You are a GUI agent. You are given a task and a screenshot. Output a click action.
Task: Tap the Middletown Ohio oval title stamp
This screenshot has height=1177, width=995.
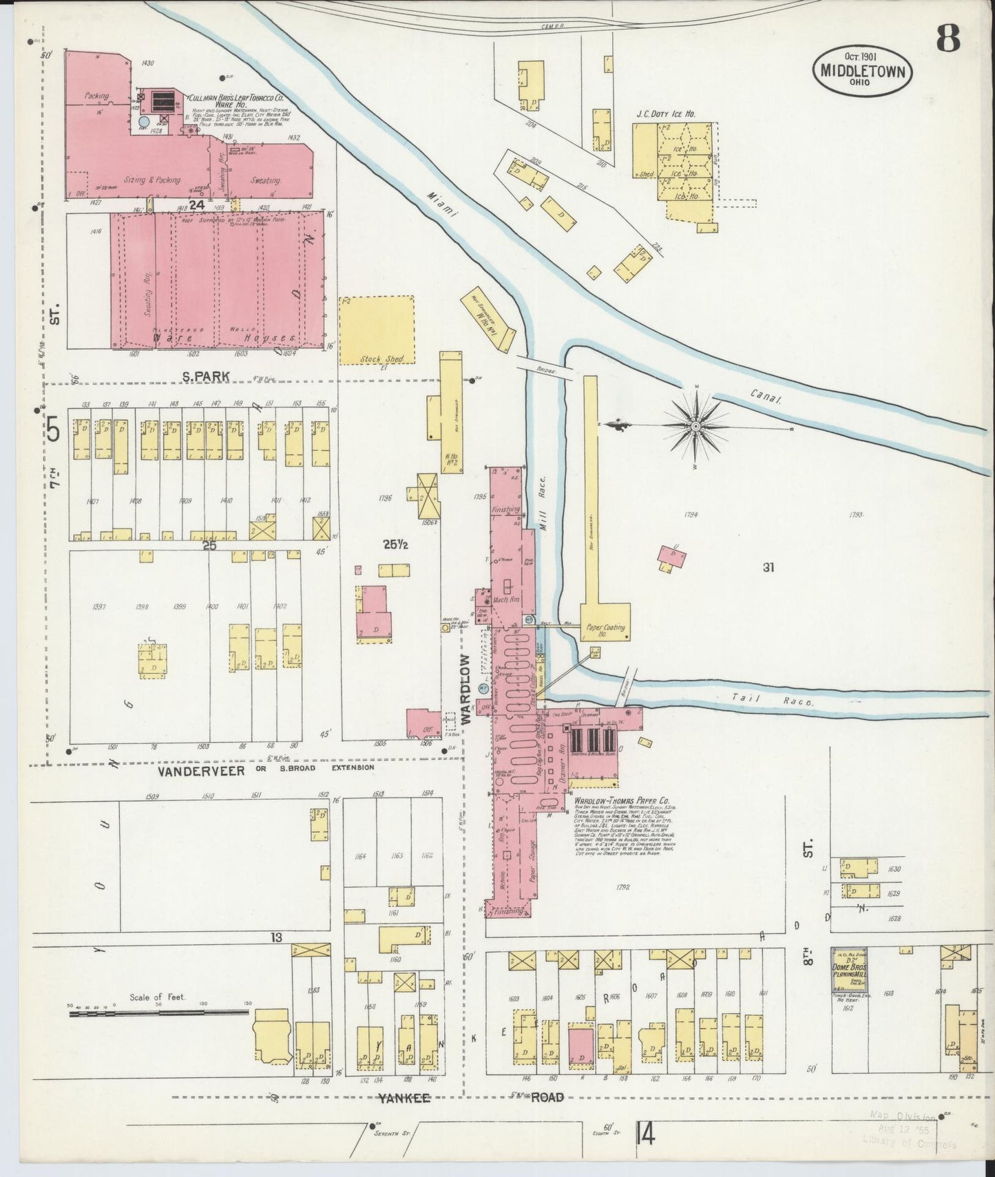pyautogui.click(x=863, y=70)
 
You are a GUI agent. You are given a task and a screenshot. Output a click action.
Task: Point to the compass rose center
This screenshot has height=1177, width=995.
pyautogui.click(x=695, y=427)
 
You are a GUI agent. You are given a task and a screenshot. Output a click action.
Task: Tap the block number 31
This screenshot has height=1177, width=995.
pyautogui.click(x=769, y=567)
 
